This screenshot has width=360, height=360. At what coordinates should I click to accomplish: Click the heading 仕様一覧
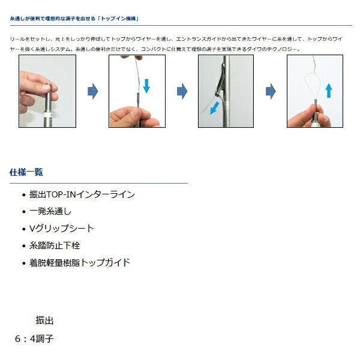(x=26, y=172)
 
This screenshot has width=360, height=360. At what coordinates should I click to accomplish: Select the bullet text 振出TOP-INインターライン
(x=82, y=194)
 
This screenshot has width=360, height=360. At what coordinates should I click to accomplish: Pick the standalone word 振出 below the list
(x=44, y=320)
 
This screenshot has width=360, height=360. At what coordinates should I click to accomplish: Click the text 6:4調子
(x=34, y=338)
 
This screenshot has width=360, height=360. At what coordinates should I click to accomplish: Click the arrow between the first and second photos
(x=92, y=91)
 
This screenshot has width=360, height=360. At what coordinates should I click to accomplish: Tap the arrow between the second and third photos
(x=182, y=91)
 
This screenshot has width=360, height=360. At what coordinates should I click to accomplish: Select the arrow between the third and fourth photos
(x=271, y=91)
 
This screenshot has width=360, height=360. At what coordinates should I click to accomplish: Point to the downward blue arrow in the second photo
(x=146, y=85)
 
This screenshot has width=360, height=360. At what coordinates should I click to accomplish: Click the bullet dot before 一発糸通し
(x=23, y=212)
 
